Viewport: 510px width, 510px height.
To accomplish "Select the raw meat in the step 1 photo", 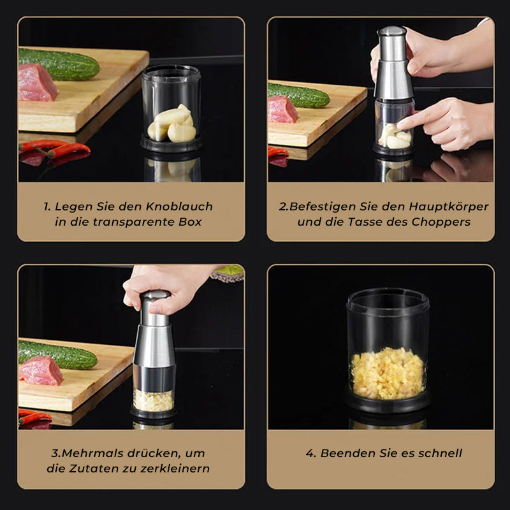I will [x=37, y=83].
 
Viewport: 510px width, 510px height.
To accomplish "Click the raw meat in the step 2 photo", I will [x=282, y=110].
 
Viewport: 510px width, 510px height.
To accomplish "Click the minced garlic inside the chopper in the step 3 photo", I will [x=153, y=400].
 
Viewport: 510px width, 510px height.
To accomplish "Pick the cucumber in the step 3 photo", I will [x=57, y=354].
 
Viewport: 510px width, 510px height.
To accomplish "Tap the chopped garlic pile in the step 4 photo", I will [x=388, y=373].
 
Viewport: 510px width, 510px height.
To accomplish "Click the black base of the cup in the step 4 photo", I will [x=387, y=401].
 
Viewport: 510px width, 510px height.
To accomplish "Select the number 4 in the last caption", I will [x=310, y=454].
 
